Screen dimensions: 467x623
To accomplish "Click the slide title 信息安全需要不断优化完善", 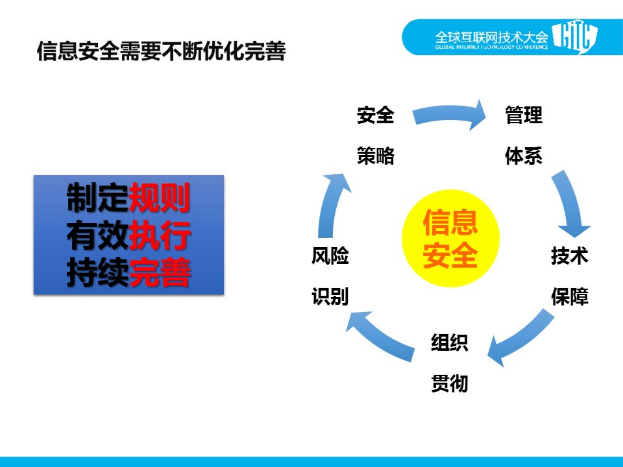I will pyautogui.click(x=161, y=51).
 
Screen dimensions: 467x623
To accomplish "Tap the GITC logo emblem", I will pyautogui.click(x=575, y=36).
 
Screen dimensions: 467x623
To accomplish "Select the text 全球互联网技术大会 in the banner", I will pyautogui.click(x=491, y=37).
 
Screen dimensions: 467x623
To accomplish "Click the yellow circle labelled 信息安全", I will pyautogui.click(x=450, y=239).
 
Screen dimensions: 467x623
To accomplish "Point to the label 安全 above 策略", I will pyautogui.click(x=375, y=115).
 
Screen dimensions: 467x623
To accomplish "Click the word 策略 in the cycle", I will pyautogui.click(x=375, y=156).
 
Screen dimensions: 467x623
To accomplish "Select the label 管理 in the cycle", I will pyautogui.click(x=523, y=115).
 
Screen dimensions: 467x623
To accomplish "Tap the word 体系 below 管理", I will pyautogui.click(x=523, y=156).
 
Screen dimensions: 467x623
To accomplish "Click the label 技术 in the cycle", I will pyautogui.click(x=569, y=256).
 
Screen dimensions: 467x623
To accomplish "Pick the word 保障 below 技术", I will pyautogui.click(x=569, y=296).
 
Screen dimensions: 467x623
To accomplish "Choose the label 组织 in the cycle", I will pyautogui.click(x=450, y=343).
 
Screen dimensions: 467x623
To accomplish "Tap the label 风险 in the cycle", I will pyautogui.click(x=330, y=256).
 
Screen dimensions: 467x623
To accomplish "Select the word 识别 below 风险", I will pyautogui.click(x=330, y=296).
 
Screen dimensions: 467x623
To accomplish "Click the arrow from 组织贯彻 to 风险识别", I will pyautogui.click(x=380, y=336).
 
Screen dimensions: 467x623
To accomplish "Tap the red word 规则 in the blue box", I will pyautogui.click(x=159, y=198).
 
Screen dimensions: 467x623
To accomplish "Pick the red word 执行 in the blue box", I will pyautogui.click(x=159, y=235).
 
